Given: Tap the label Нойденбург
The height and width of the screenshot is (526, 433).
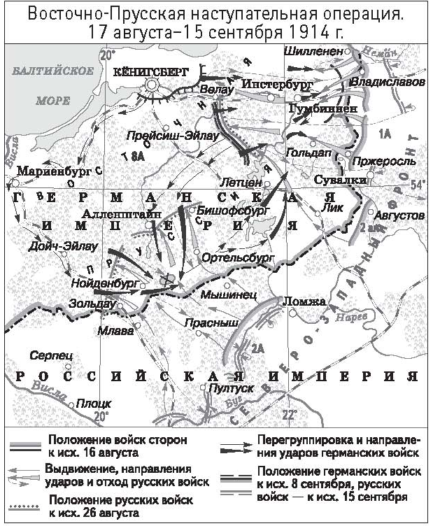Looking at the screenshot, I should click(x=102, y=284).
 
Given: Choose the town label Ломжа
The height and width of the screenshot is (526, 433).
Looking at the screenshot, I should click(x=303, y=301).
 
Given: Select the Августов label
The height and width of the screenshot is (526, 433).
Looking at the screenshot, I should click(x=399, y=215).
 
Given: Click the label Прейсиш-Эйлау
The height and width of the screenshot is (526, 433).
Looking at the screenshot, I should click(x=164, y=136).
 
